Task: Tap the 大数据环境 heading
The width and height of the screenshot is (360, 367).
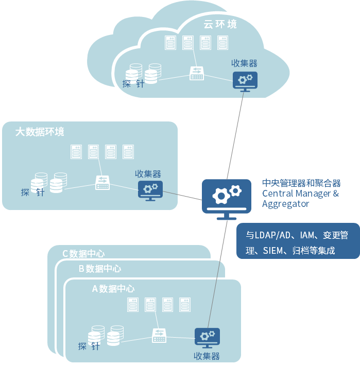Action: [40, 132]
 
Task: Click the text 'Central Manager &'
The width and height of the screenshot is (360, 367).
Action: [301, 194]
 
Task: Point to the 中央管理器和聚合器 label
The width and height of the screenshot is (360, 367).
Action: [302, 183]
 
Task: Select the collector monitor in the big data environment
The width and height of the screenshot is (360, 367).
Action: [150, 190]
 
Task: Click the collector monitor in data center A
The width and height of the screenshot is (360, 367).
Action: [207, 338]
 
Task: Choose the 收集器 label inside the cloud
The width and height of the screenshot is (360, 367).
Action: [244, 63]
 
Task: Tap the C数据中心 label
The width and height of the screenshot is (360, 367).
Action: [83, 253]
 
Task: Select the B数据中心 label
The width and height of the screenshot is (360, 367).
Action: [100, 268]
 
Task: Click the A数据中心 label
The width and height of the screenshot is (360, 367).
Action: [113, 289]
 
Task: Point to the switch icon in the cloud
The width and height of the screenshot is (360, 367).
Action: [197, 74]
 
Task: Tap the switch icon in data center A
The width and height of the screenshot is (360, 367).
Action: [159, 336]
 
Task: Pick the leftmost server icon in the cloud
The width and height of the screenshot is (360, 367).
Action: [170, 43]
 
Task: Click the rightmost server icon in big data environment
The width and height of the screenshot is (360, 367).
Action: [128, 152]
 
